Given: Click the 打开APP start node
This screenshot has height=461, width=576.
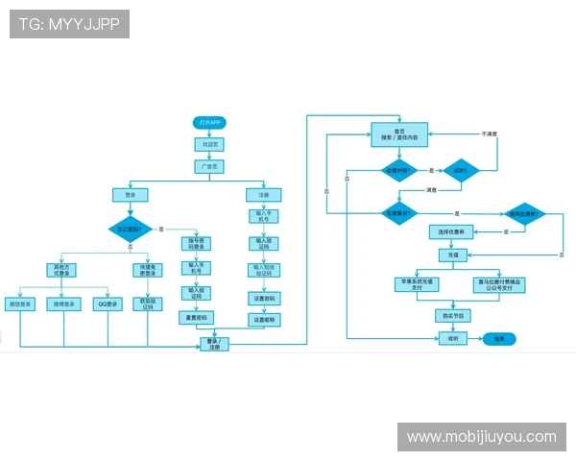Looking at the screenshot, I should [209, 124].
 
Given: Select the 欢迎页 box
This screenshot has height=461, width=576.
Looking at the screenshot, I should [209, 145].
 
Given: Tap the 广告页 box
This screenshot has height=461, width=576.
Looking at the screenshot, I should [209, 166].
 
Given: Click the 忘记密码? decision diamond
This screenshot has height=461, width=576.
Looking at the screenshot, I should [131, 230].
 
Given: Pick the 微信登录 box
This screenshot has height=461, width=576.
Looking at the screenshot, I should [20, 304].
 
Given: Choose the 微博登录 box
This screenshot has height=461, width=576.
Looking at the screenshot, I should [65, 304].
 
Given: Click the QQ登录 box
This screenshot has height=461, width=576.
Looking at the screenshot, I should [108, 304].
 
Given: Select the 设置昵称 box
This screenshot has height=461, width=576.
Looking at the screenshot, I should [265, 319].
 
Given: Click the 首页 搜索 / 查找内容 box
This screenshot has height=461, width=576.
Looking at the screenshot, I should [399, 134].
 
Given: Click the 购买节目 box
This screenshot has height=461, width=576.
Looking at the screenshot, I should [451, 315].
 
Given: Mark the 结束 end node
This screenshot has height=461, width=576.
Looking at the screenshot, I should [499, 339].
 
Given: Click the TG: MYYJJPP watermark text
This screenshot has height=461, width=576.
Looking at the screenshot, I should [69, 24].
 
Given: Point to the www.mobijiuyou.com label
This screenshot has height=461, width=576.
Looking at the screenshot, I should [481, 437].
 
